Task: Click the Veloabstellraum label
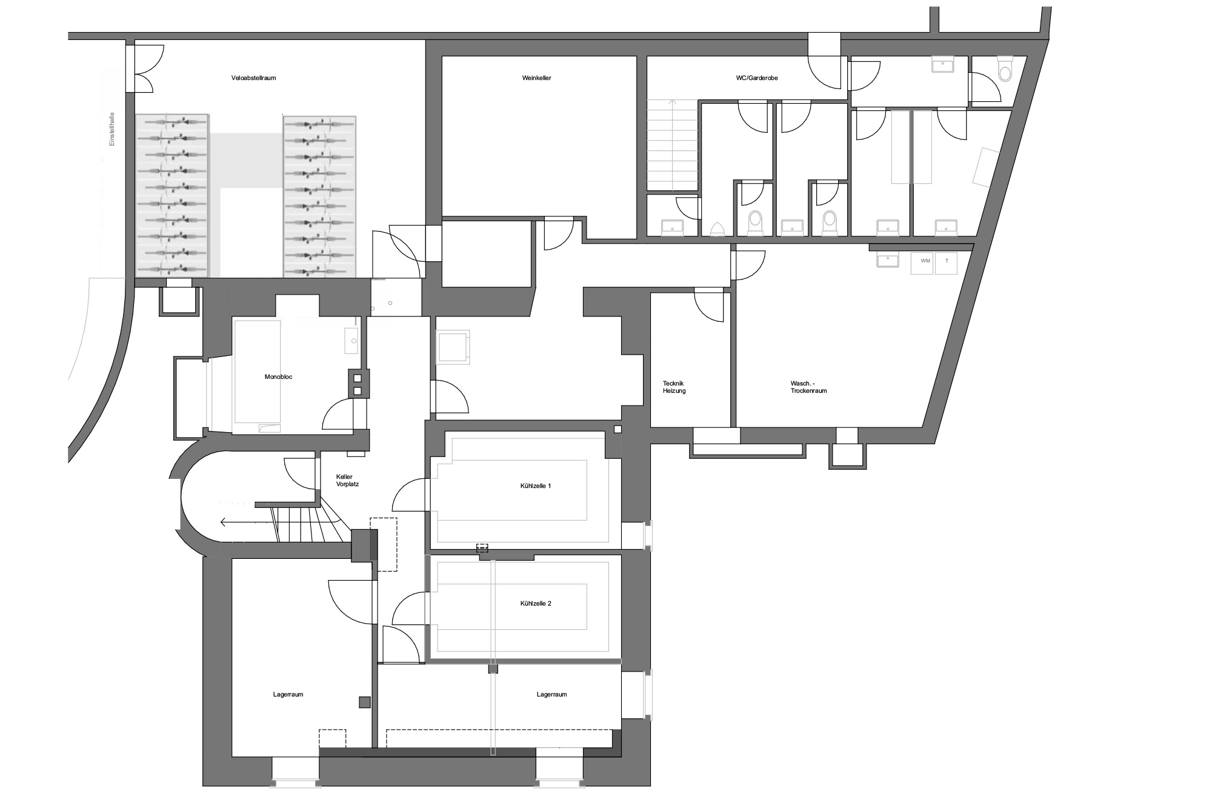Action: pos(254,78)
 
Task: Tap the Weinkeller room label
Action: pos(536,78)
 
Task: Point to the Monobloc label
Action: pos(279,377)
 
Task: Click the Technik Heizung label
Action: pos(674,387)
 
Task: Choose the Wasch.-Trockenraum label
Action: pos(808,387)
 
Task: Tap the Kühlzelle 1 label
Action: pos(536,486)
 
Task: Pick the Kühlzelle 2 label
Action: pos(536,604)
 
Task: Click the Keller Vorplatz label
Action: pos(347,481)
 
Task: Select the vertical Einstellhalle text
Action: pos(112,129)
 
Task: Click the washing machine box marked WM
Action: pos(923,263)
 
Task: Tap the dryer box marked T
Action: pos(946,263)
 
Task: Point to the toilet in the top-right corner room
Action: pos(1005,70)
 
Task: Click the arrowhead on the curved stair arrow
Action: pos(224,521)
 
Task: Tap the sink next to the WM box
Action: pos(887,260)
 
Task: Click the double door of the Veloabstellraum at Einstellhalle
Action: pos(145,68)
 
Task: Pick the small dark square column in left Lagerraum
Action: pos(364,702)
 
